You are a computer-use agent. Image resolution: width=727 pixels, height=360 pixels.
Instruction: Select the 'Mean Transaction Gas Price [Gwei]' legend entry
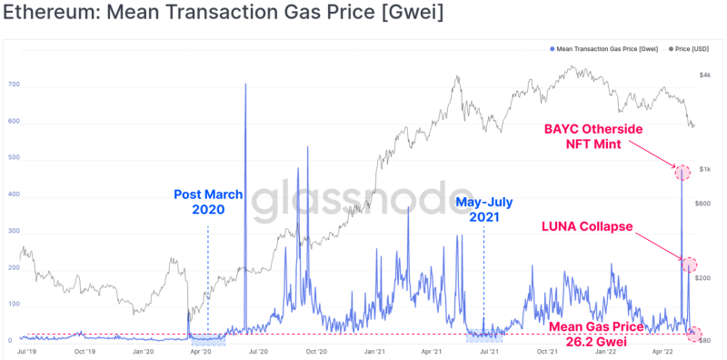[x=603, y=49]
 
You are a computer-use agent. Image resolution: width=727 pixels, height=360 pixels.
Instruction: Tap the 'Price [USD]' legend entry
[x=689, y=49]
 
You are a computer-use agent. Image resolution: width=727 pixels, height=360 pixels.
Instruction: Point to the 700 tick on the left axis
[x=14, y=87]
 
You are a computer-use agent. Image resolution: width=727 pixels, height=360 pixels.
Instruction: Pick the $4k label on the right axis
[x=705, y=75]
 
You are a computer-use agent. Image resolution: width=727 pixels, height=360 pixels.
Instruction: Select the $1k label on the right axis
[x=705, y=169]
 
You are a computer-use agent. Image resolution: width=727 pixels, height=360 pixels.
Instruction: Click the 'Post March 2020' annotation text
[x=208, y=202]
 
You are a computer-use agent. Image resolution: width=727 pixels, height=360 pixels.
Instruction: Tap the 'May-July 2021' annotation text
[x=484, y=209]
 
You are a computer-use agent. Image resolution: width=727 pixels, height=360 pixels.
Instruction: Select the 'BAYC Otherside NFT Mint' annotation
[x=593, y=136]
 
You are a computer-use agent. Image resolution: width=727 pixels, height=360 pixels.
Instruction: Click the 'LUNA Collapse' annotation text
[x=587, y=226]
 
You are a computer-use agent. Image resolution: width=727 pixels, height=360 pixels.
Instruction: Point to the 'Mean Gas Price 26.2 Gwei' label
[x=596, y=335]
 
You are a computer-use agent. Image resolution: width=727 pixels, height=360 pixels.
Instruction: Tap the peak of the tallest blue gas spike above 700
[x=245, y=84]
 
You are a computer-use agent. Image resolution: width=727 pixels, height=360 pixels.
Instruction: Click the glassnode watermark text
[x=357, y=200]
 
